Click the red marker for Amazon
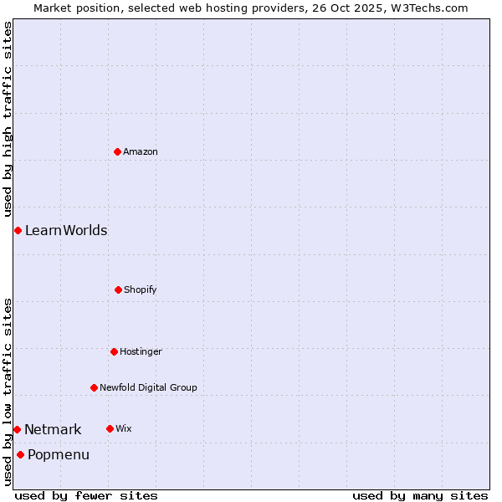tap(117, 151)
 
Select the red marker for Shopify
tap(118, 289)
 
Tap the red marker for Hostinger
tap(114, 351)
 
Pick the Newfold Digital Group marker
tap(94, 387)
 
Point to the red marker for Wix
tap(110, 428)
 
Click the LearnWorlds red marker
tap(18, 230)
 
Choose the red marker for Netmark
tap(17, 429)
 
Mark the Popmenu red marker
tap(20, 454)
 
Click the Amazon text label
tap(141, 151)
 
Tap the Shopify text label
tap(141, 289)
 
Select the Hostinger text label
tap(141, 351)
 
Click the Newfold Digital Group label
tap(148, 387)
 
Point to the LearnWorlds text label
tap(66, 230)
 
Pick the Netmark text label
tap(53, 429)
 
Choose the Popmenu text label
tap(59, 454)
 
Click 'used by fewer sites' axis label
tap(86, 495)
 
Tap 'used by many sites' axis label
tap(420, 495)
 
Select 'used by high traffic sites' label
tap(8, 119)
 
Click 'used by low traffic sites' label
tap(8, 392)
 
